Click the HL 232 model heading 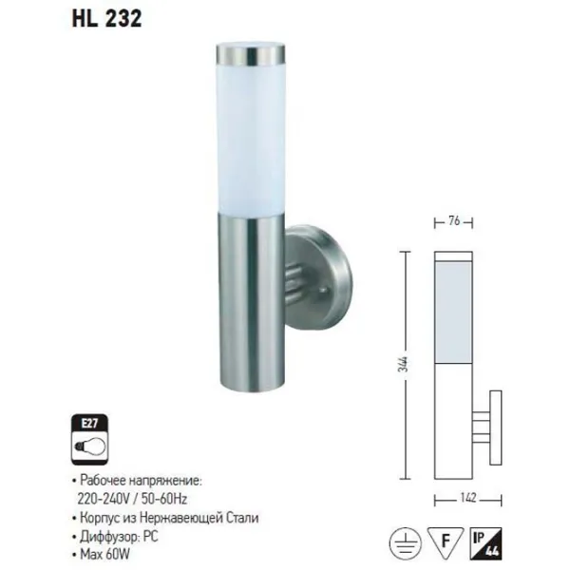click(x=106, y=19)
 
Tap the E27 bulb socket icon click(x=90, y=440)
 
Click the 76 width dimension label click(x=454, y=220)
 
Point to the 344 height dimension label click(x=405, y=364)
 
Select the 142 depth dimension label click(x=467, y=497)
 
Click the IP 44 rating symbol click(x=485, y=543)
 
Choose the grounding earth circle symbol click(x=406, y=543)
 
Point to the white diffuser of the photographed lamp click(x=251, y=140)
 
